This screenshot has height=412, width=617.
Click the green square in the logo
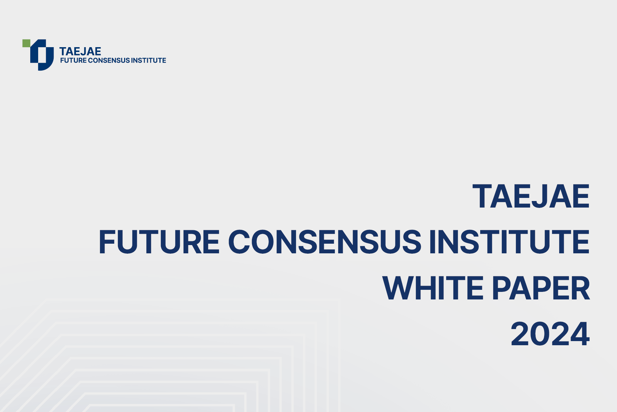coord(26,43)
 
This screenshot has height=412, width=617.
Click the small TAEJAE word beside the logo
coord(80,51)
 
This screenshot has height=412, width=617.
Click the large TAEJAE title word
coord(531,196)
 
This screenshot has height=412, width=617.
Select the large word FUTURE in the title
coord(159,242)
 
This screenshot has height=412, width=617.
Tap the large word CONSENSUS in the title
coord(324,242)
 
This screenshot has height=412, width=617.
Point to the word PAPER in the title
coord(541,288)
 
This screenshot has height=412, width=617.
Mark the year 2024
coord(550,334)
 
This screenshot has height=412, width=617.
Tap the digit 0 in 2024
coord(541,334)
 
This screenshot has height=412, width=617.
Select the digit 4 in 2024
coord(580,334)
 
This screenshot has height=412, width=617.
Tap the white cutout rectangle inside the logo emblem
coord(42,55)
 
